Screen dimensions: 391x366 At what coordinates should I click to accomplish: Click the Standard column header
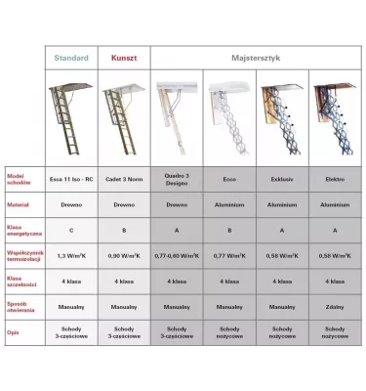pos(71,58)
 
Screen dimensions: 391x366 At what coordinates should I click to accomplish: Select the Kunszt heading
pos(124,58)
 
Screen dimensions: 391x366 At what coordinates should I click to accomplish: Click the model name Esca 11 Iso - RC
pos(71,179)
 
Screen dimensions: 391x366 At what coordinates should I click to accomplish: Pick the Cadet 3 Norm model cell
pos(124,179)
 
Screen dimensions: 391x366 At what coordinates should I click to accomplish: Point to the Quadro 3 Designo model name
pos(177,179)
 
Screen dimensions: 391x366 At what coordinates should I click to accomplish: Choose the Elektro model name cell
pos(335,179)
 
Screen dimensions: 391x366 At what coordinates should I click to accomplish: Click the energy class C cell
pos(71,230)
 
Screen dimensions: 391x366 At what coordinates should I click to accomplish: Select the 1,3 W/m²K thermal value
pos(71,255)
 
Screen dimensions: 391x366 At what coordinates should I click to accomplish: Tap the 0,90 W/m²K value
pos(124,255)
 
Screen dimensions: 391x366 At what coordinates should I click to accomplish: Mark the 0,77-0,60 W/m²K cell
pos(177,255)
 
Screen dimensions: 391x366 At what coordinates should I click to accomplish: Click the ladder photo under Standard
pos(71,117)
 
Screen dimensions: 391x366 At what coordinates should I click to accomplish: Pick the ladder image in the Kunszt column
pos(124,117)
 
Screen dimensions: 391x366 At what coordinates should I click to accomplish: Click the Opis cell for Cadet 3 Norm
pos(124,331)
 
